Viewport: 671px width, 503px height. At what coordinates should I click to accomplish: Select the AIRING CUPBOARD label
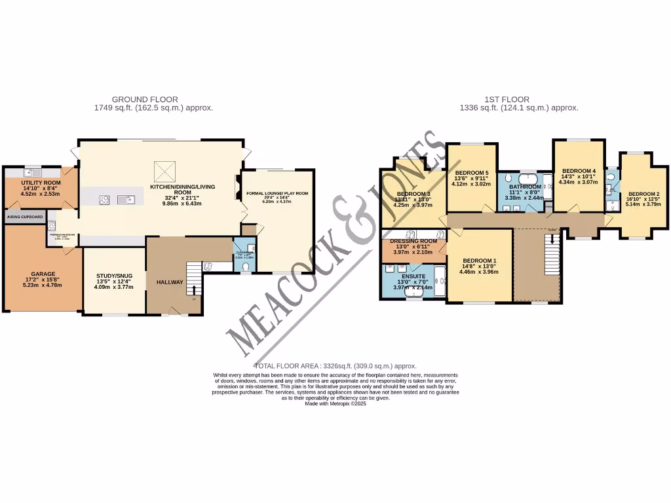tap(25, 216)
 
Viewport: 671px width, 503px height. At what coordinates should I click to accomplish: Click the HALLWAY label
tap(169, 281)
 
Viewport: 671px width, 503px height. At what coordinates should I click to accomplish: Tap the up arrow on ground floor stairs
tap(193, 288)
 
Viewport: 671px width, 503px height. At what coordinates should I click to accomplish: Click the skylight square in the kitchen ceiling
tap(164, 172)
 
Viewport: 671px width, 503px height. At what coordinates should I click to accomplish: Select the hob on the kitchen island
tap(104, 200)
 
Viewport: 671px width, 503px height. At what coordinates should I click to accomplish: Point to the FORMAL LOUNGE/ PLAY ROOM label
tap(277, 194)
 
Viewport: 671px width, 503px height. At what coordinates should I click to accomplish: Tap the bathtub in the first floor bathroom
tap(527, 178)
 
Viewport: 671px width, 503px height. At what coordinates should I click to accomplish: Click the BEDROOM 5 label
tap(472, 173)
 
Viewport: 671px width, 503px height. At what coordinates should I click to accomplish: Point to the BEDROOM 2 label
tap(643, 194)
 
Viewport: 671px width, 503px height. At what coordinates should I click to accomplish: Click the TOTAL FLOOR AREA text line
tap(335, 365)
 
